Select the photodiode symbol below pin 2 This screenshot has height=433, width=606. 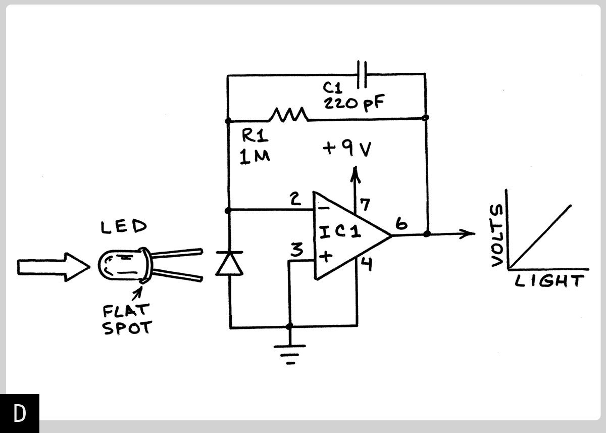pos(229,264)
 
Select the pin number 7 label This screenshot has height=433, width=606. pos(365,205)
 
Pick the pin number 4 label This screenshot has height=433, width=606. pos(366,264)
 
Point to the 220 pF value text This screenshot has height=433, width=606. pos(352,104)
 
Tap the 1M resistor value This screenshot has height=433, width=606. pos(255,157)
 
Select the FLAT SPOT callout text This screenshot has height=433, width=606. pos(126,320)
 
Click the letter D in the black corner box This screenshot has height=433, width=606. pos(20,413)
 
